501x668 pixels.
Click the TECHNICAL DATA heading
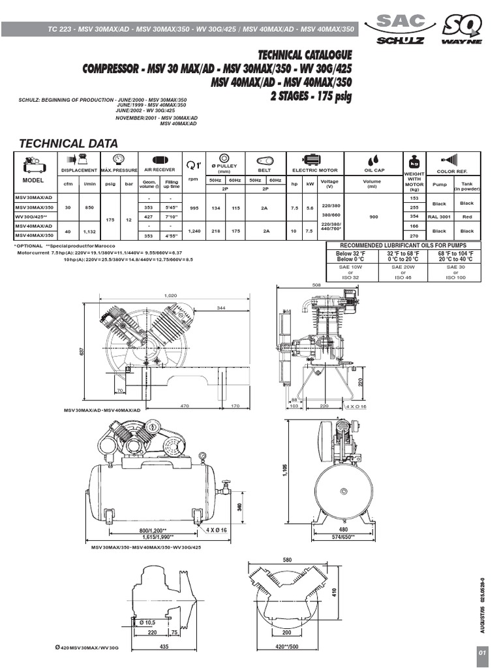pyautogui.click(x=68, y=144)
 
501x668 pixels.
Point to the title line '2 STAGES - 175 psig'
pyautogui.click(x=311, y=97)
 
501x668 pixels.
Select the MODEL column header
pyautogui.click(x=33, y=179)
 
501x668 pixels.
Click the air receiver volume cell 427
pyautogui.click(x=149, y=216)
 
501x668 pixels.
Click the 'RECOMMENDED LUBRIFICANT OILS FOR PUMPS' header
pyautogui.click(x=402, y=245)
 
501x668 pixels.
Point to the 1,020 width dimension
pyautogui.click(x=171, y=296)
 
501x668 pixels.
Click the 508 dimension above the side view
pyautogui.click(x=317, y=284)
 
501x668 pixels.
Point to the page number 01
pyautogui.click(x=481, y=653)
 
